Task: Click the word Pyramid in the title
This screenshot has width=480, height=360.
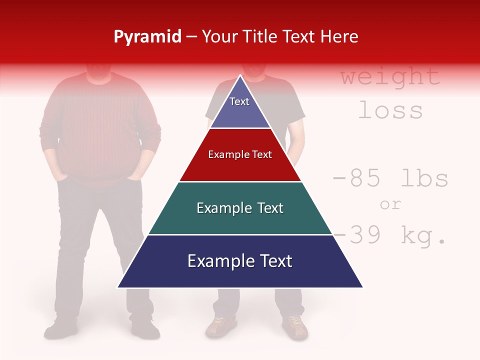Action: [x=147, y=36]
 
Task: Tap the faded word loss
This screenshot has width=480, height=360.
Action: [x=390, y=110]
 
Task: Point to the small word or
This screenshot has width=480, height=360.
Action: [x=390, y=204]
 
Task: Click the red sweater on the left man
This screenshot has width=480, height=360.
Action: [x=100, y=130]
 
